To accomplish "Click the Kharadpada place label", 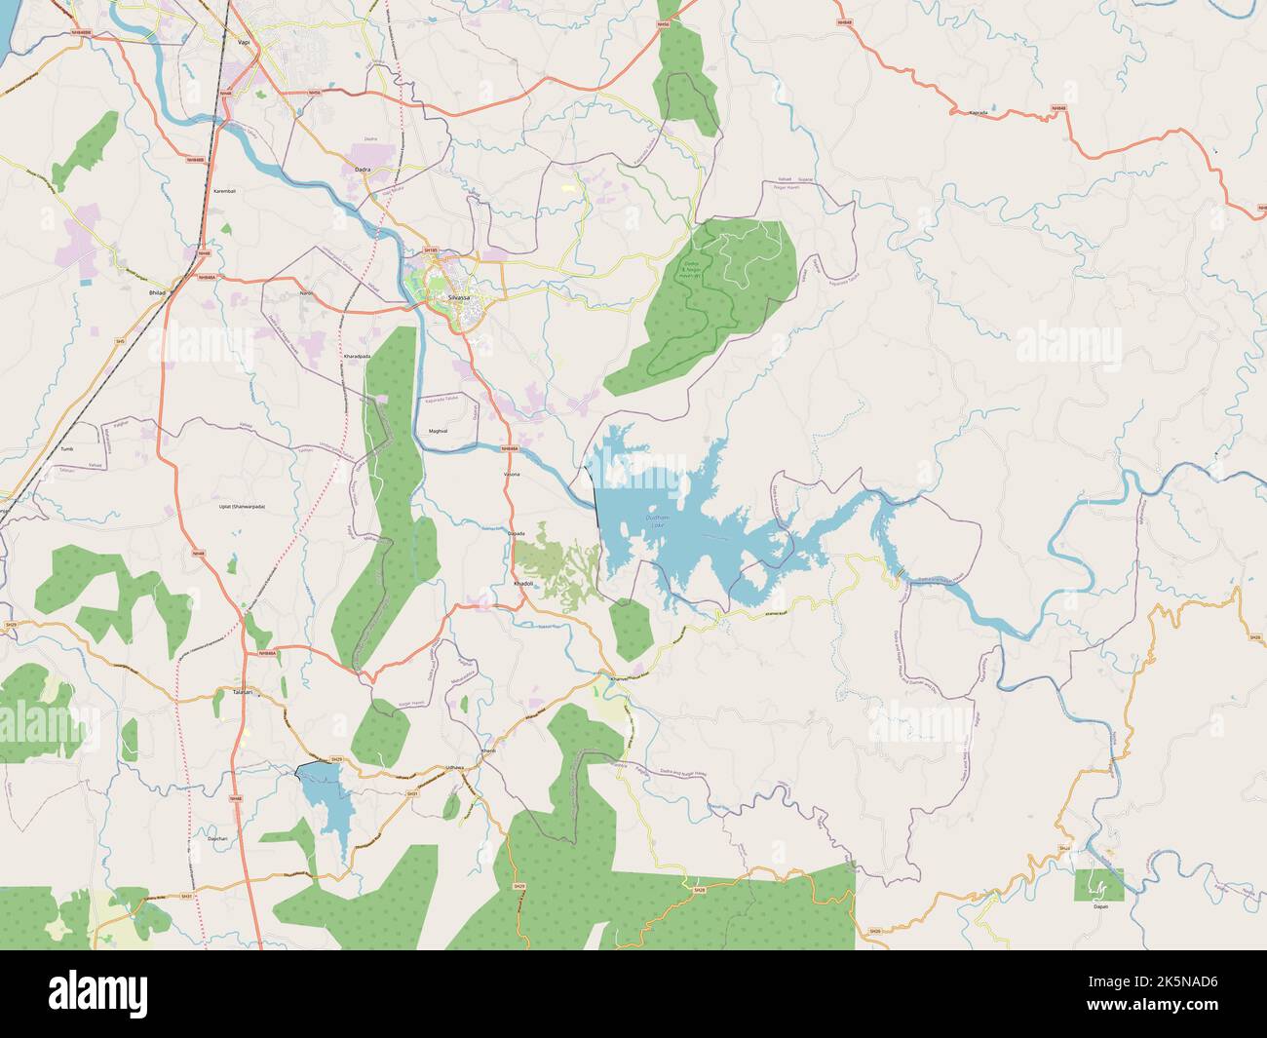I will point(358,357).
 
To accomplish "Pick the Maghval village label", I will point(438,430).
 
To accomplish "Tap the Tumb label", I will point(67,449).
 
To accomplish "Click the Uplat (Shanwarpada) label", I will point(242,507).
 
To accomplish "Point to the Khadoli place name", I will point(523,583).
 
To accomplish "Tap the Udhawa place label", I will point(454,768).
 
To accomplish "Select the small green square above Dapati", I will point(1098,883).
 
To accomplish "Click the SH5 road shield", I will point(121,341).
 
